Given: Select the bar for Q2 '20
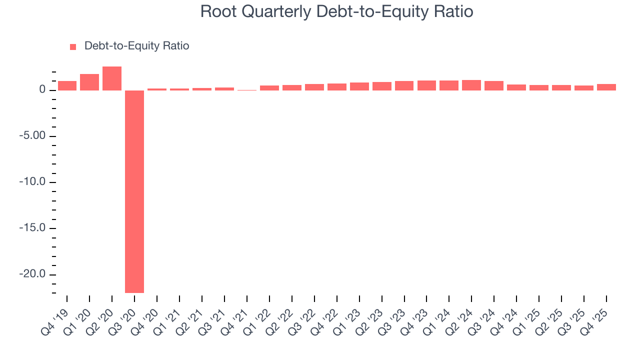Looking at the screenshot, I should [x=112, y=78].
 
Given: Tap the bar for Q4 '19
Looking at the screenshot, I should [x=67, y=85].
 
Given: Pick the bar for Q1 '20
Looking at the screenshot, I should [x=89, y=82].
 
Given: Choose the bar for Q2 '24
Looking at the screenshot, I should [x=471, y=85].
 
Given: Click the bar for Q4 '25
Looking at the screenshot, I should [x=606, y=87].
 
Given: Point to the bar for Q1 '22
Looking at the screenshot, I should [x=269, y=88].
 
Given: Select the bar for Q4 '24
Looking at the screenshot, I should [x=516, y=87].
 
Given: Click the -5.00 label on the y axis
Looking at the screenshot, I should [x=33, y=136].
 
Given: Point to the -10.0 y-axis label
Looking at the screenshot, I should [x=33, y=182].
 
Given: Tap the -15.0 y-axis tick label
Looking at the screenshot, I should [x=33, y=228].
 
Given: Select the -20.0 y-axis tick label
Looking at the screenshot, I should [x=33, y=274].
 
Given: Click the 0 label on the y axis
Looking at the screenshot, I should [x=43, y=90].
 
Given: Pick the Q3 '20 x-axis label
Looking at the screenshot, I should [x=127, y=317].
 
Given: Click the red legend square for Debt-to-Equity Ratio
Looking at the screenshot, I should [x=73, y=46].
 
